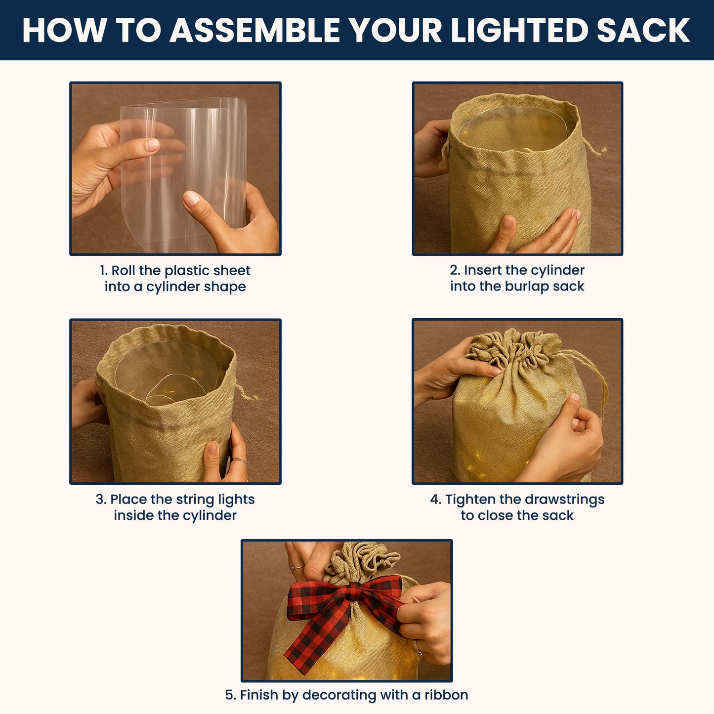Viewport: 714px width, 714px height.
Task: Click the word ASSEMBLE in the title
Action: click(254, 31)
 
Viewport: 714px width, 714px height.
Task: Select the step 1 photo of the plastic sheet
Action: click(175, 168)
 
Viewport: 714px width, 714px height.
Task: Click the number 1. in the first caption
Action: click(104, 271)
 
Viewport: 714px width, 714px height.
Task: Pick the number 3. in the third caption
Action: click(101, 500)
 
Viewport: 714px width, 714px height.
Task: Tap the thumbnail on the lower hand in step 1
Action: click(191, 198)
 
